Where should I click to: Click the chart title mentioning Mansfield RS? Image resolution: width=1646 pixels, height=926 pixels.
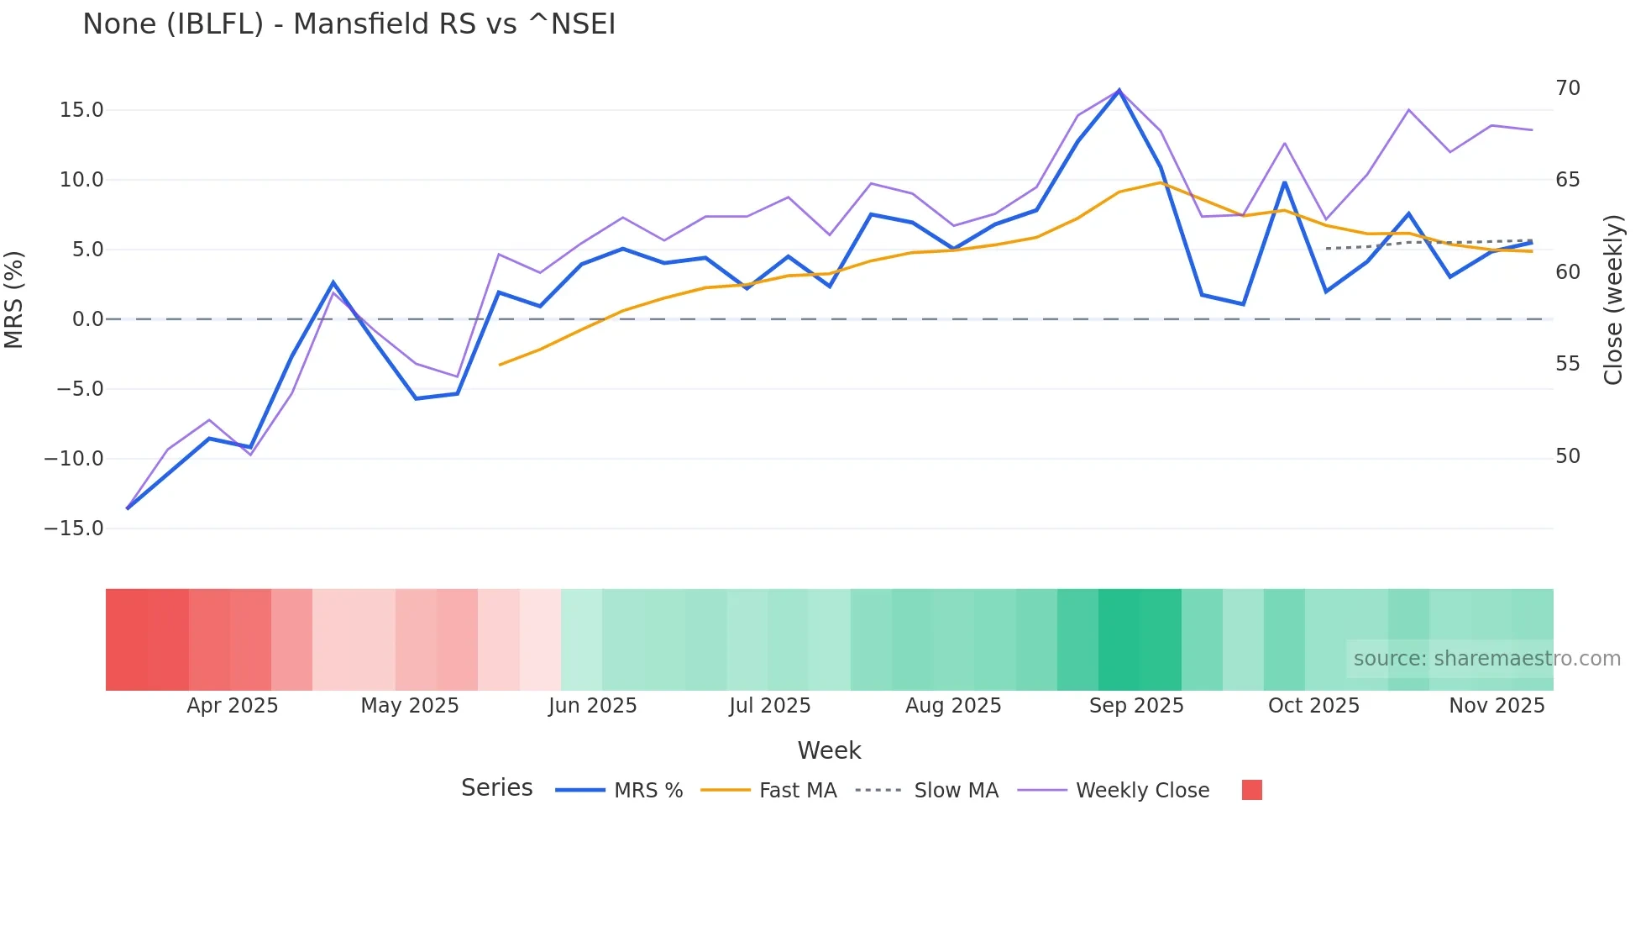point(349,24)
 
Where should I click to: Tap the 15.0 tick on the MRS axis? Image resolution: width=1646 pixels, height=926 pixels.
point(81,110)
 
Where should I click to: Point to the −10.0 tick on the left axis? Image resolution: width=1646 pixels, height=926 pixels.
point(74,459)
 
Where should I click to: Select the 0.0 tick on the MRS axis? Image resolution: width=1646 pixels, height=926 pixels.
point(87,319)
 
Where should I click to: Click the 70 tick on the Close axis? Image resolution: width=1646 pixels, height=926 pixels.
point(1567,88)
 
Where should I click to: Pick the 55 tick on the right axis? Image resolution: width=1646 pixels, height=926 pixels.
point(1567,364)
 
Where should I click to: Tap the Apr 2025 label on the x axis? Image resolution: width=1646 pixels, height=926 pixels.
point(232,706)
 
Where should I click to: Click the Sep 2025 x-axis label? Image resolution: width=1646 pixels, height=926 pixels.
point(1135,706)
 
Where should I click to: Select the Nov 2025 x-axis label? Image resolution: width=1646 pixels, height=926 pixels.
point(1497,706)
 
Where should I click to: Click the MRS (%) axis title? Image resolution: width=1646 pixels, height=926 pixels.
point(14,299)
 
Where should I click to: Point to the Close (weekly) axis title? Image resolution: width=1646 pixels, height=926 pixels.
point(1612,299)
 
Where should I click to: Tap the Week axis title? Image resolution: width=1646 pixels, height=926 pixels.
point(829,750)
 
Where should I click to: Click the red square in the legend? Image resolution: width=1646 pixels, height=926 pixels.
point(1251,790)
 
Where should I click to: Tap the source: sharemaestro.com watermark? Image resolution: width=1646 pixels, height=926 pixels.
point(1486,659)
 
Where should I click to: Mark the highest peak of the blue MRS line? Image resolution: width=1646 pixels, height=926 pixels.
point(1119,91)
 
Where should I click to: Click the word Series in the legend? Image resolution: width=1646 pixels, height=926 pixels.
point(496,788)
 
